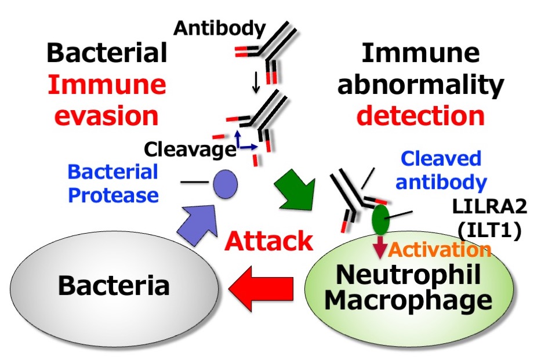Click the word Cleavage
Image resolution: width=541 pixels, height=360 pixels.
[188, 150]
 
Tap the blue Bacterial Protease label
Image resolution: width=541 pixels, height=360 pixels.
[113, 183]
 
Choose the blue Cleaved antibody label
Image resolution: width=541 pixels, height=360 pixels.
[442, 170]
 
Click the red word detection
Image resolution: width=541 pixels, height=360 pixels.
[420, 115]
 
